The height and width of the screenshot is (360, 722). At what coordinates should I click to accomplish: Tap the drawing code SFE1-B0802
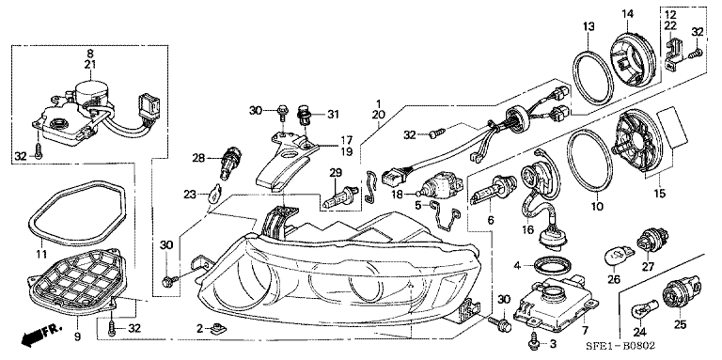[621, 346]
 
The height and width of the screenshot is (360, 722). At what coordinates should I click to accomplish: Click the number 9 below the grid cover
[77, 337]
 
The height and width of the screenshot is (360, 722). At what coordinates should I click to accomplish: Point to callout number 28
[198, 158]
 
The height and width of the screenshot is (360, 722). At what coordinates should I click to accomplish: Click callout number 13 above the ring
[588, 25]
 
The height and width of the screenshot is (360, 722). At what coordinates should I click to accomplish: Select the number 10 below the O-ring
[597, 207]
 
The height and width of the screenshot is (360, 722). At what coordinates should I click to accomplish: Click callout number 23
[190, 195]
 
